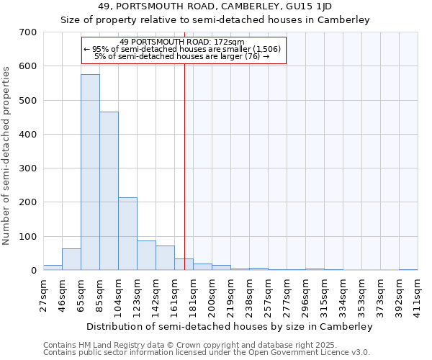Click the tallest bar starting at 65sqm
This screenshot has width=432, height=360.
pyautogui.click(x=90, y=173)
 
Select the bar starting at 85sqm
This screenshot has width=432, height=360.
pyautogui.click(x=109, y=191)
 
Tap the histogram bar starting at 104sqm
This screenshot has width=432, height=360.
pyautogui.click(x=127, y=234)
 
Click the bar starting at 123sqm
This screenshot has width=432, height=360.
pyautogui.click(x=146, y=256)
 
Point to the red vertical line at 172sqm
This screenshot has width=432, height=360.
pyautogui.click(x=185, y=166)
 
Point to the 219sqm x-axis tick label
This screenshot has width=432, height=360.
pyautogui.click(x=230, y=294)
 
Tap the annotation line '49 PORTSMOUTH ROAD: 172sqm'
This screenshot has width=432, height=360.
pyautogui.click(x=183, y=42)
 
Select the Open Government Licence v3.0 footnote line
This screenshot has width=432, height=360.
pyautogui.click(x=206, y=352)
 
